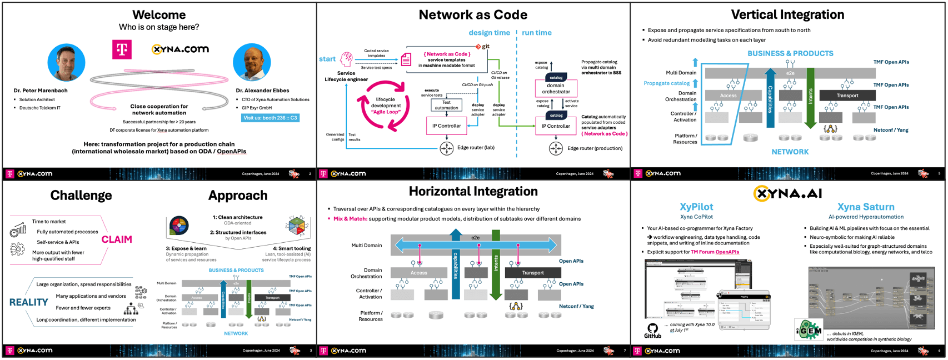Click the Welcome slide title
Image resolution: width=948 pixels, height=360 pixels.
coord(159,15)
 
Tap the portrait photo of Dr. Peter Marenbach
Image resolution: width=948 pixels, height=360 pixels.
coord(67,62)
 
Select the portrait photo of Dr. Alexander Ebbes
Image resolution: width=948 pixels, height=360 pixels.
coord(252,62)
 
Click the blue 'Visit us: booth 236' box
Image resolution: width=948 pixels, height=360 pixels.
coord(271,118)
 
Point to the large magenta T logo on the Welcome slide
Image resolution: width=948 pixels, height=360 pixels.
coord(122,49)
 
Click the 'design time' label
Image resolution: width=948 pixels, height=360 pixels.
coord(489,33)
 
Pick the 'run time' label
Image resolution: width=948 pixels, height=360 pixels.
coord(537,33)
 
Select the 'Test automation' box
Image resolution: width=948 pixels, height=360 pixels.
coord(446,106)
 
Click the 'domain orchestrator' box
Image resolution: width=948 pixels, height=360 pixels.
coord(556,88)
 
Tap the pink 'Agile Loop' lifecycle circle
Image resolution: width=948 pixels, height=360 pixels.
coord(386,106)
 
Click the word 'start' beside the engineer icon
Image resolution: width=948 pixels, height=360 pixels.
coord(327,59)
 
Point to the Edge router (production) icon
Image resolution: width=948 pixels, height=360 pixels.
coord(556,148)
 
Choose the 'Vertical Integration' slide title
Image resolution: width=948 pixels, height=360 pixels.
coord(787,15)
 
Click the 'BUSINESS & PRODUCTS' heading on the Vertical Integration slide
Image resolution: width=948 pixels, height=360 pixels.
coord(790,53)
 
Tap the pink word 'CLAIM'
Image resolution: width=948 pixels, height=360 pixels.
coord(117,239)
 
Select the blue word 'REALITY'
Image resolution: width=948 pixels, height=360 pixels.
coord(29,302)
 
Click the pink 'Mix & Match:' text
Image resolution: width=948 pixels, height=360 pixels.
coord(350,219)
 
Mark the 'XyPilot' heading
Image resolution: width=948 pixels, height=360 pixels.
coord(696,207)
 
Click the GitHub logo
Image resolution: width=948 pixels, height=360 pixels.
coord(652,329)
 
